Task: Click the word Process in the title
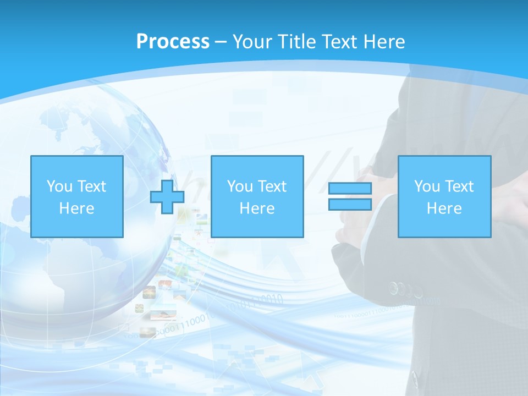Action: tap(173, 41)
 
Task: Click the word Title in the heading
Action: tap(295, 41)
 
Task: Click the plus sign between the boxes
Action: tap(167, 196)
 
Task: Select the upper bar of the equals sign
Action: tap(350, 189)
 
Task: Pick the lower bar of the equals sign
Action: tap(350, 204)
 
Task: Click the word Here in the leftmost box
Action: tap(76, 208)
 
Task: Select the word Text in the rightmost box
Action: tap(459, 186)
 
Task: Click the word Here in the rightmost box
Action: tap(444, 208)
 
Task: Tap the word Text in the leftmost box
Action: tap(91, 186)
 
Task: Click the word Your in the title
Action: tap(251, 41)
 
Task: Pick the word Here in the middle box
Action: tap(257, 208)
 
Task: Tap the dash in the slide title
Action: tap(221, 42)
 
